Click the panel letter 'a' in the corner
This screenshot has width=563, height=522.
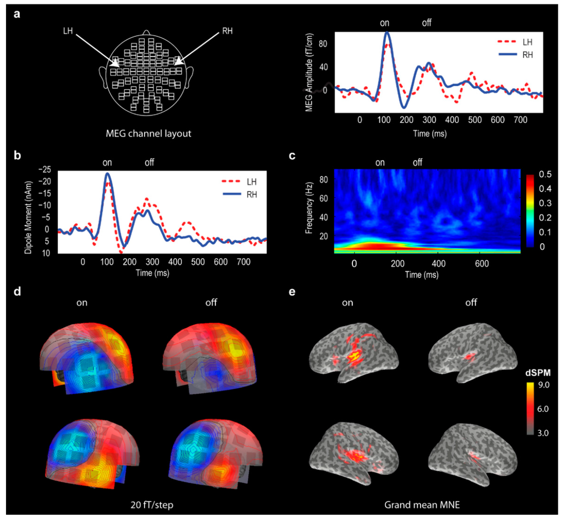click(x=18, y=15)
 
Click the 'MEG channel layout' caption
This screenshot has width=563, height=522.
click(x=148, y=133)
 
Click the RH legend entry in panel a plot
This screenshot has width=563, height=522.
click(x=512, y=55)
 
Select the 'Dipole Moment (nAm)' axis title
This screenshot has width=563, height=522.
click(x=27, y=211)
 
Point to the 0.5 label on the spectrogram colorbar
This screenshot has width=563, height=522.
click(x=540, y=175)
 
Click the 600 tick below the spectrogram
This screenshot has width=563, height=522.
click(x=481, y=263)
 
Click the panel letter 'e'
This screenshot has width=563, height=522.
click(x=293, y=291)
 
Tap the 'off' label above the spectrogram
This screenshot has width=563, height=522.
click(x=417, y=162)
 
